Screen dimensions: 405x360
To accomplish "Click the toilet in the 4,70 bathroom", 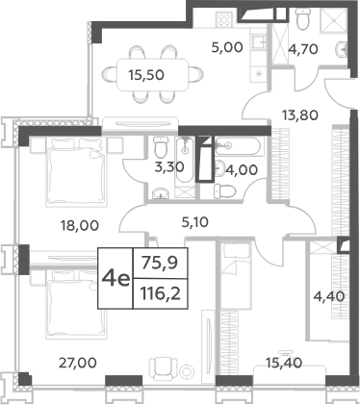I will [x=305, y=21].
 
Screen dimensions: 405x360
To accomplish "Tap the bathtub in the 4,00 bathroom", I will [x=236, y=147].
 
